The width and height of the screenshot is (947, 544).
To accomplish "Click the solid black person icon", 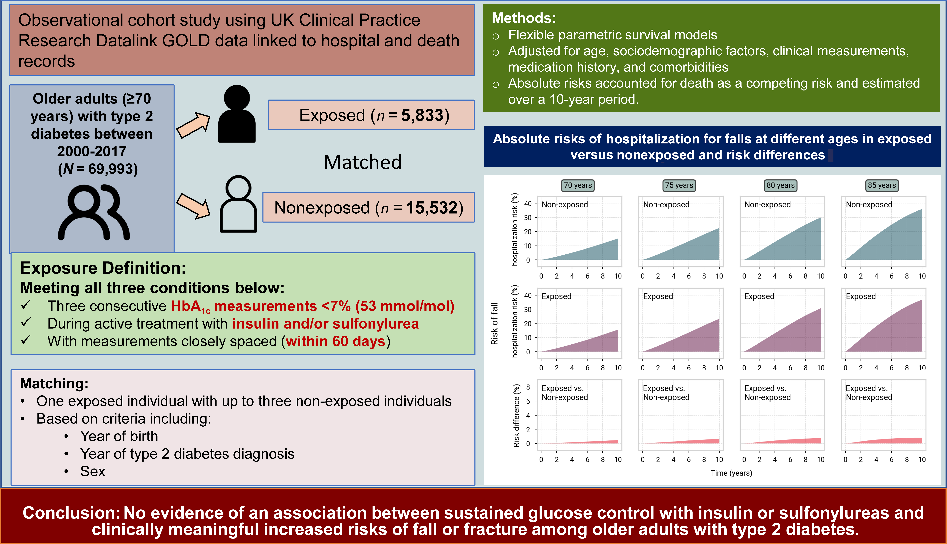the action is coord(237,114).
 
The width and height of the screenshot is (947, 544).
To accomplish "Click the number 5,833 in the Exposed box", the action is coord(422,115).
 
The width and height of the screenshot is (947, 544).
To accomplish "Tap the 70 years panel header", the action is coord(578,185).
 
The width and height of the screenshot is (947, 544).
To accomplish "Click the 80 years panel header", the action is coord(780,185).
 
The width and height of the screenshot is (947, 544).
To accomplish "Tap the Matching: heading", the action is coord(54,383).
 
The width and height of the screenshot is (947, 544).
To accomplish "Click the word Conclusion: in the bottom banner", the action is coord(71,513).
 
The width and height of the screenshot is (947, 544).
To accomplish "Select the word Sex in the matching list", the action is coord(93,472).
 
